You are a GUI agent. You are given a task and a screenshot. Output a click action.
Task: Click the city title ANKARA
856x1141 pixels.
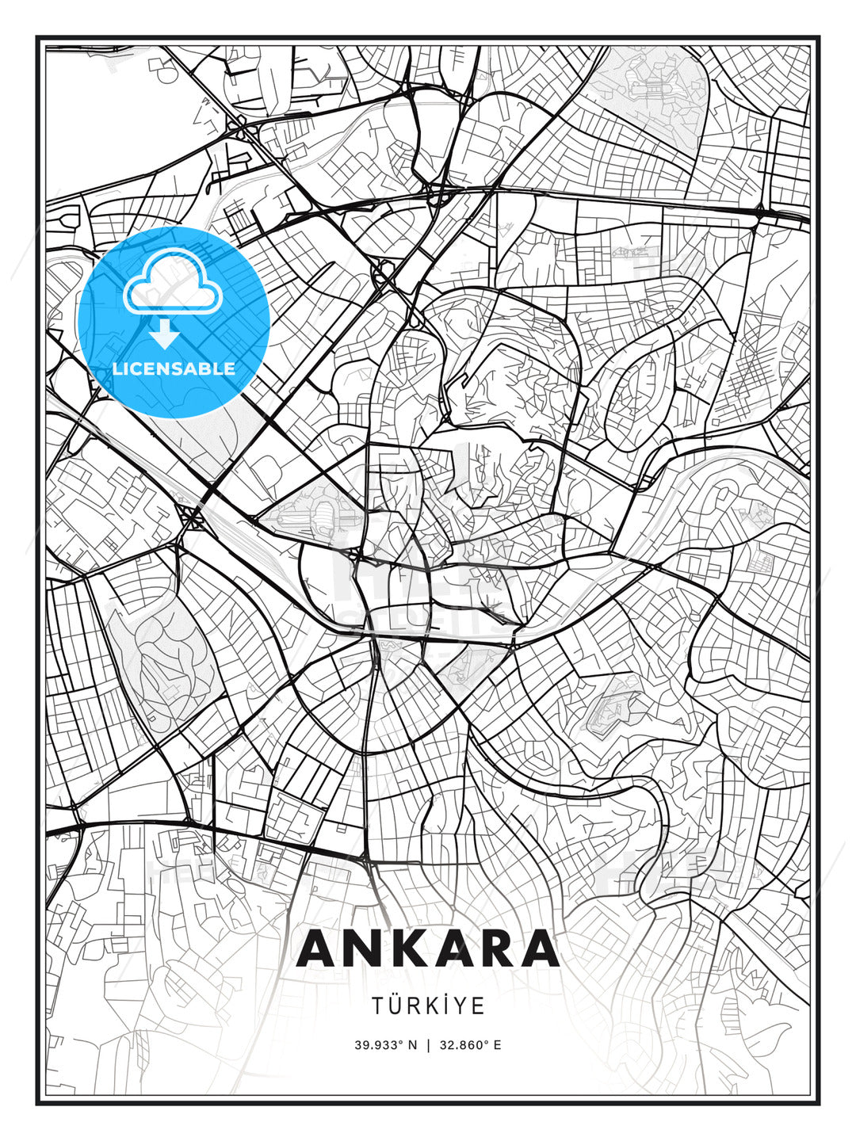(428, 948)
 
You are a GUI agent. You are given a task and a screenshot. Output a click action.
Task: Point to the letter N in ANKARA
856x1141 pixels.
(367, 948)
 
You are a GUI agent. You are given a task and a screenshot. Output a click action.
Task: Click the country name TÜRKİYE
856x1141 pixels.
(428, 1006)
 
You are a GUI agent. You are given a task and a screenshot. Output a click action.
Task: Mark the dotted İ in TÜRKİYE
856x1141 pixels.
(445, 1006)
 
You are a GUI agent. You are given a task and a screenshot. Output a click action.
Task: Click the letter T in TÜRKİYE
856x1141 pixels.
(378, 1006)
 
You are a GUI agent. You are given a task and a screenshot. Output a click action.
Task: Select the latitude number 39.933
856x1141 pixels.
(378, 1045)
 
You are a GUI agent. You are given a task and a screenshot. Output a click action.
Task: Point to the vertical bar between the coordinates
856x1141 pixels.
(428, 1045)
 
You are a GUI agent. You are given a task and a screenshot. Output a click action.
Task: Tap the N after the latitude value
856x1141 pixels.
(412, 1045)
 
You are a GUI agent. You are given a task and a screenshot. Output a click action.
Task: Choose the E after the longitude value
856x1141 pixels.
(497, 1045)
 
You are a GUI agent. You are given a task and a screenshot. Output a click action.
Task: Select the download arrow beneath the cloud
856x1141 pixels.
(164, 334)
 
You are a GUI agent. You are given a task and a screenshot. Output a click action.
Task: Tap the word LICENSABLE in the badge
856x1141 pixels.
(174, 368)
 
